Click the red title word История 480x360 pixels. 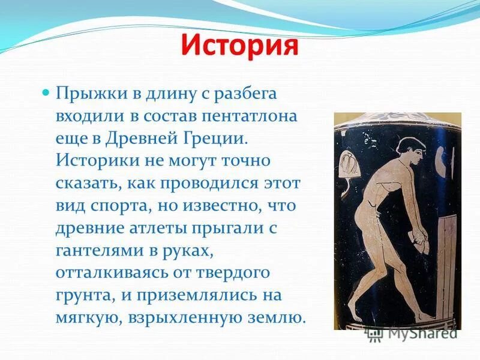[x=239, y=46]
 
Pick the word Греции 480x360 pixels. [x=214, y=138]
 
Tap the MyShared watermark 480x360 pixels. [x=414, y=332]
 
